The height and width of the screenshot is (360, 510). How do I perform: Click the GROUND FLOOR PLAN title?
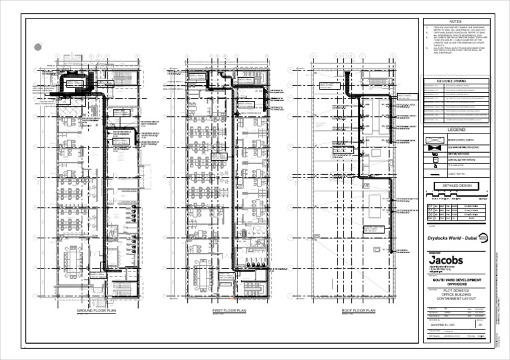click(96, 311)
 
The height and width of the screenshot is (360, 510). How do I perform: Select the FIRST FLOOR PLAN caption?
click(230, 311)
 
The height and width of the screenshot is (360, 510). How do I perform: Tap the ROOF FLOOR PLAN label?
click(359, 311)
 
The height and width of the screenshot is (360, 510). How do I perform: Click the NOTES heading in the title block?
click(456, 22)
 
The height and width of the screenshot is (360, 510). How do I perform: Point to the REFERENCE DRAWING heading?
click(456, 81)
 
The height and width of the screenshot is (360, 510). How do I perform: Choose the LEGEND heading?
click(456, 130)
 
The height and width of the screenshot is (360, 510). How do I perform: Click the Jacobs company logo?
click(446, 260)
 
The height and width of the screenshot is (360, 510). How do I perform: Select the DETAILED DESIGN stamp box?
click(456, 185)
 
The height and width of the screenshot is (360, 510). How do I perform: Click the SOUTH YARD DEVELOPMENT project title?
click(456, 281)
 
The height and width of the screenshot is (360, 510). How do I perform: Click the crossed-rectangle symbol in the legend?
click(434, 140)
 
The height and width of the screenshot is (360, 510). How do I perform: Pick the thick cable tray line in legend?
click(434, 171)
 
